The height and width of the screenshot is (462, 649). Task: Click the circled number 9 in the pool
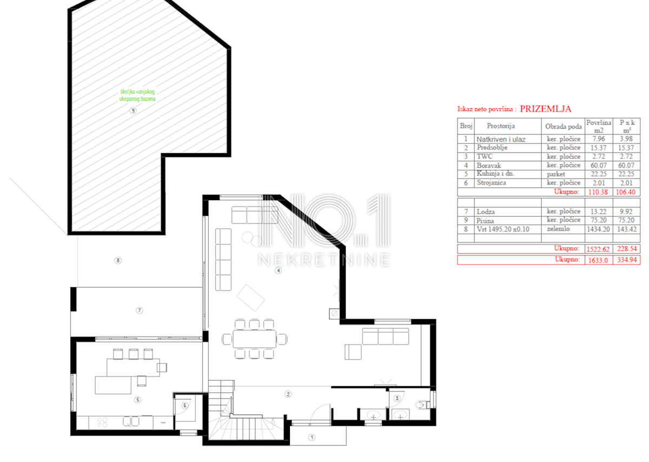pos(133,110)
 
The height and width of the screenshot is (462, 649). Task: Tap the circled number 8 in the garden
pos(118,260)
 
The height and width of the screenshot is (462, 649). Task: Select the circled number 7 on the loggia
pos(140,311)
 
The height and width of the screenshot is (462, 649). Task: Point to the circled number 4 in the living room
pos(278,270)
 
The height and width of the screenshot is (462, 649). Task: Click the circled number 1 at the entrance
pos(312,437)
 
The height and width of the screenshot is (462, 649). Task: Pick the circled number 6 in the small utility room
pos(185,406)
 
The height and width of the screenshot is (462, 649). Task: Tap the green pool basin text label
pos(137,95)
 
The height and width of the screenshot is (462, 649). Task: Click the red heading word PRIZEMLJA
pos(546,109)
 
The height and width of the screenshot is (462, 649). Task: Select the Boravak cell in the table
pos(489,166)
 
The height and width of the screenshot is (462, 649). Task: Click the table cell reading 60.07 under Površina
pos(599,166)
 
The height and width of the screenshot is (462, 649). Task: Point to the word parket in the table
pos(556,174)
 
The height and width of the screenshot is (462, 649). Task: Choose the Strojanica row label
pos(492,183)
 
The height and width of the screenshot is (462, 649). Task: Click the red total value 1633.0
pos(598,260)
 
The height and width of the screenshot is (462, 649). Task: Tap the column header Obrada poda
pos(563,127)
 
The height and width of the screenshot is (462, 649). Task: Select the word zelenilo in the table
pos(558,229)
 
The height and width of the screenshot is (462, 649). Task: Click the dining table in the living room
pos(255,339)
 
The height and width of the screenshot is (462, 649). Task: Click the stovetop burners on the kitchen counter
pos(102,423)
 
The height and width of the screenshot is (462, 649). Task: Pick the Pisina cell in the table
pos(485,221)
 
